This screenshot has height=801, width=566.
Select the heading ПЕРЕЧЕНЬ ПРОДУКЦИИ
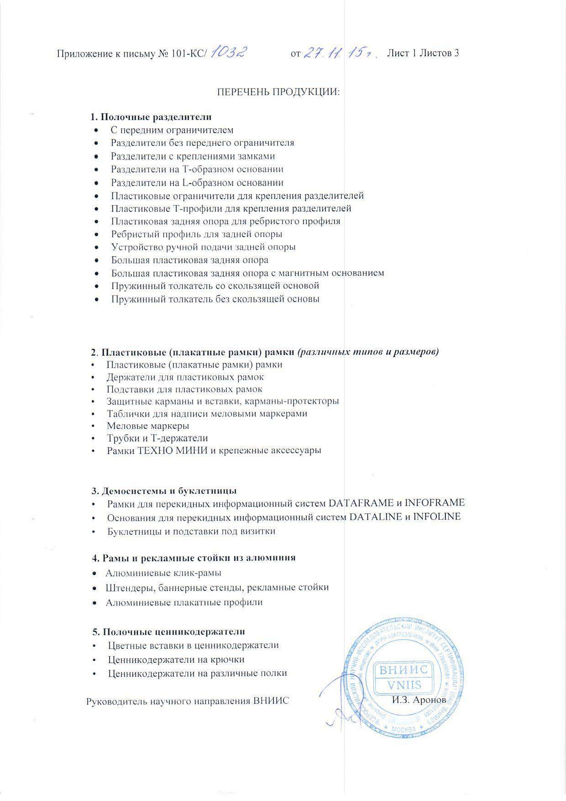[278, 91]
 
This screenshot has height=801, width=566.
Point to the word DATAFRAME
[361, 503]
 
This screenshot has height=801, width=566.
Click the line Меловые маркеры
[148, 426]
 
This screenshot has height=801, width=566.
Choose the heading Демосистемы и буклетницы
[164, 491]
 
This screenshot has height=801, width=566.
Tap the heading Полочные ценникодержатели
[169, 632]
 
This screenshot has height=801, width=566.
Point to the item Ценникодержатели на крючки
[176, 659]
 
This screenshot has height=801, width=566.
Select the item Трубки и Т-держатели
[157, 438]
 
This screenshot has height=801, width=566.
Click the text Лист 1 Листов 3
[423, 53]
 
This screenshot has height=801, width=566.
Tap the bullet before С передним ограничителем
[96, 130]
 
